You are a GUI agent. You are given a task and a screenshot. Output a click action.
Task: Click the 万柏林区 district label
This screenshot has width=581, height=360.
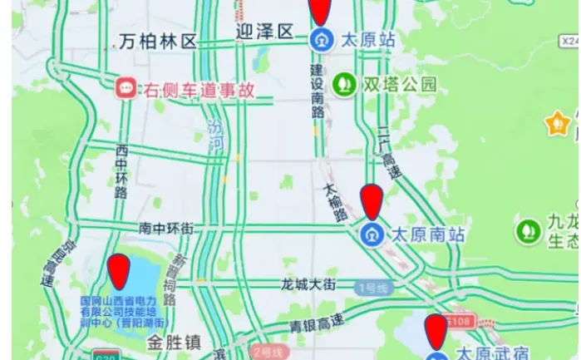158,41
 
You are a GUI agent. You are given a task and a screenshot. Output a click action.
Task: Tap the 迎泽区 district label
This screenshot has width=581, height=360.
265,32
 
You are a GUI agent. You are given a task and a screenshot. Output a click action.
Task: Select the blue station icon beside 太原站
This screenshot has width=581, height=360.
321,39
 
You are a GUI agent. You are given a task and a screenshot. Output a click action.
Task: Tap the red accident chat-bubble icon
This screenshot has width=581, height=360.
126,87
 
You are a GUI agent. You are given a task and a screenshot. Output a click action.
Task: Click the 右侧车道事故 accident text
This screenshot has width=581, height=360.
199,89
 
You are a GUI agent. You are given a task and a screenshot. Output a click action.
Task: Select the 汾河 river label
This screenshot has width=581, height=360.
216,136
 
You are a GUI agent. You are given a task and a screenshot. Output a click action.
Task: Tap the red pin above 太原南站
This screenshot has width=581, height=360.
371,202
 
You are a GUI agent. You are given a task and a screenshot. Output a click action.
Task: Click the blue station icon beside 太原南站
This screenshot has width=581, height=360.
371,234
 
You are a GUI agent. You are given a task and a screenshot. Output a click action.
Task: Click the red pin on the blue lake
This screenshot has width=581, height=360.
120,272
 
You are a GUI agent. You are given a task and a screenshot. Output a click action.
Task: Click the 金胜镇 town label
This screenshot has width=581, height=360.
175,342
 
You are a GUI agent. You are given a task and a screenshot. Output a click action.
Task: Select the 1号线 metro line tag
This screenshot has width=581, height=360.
372,288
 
